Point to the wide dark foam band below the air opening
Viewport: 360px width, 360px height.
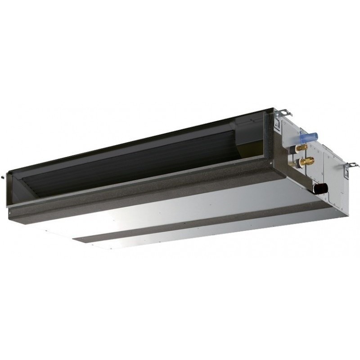click(135, 198)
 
